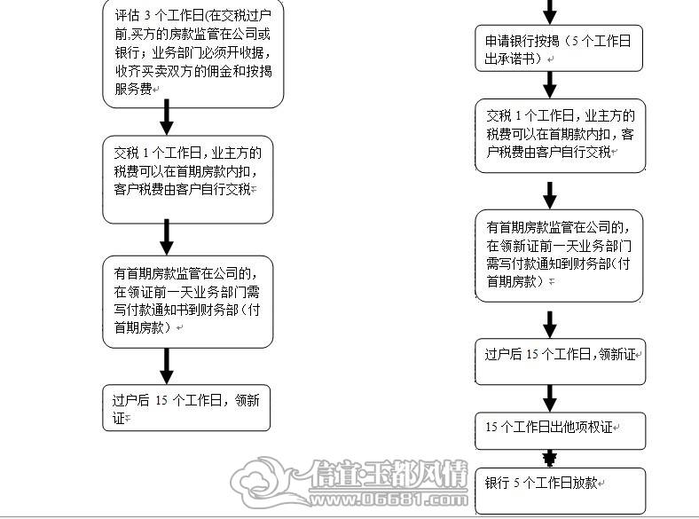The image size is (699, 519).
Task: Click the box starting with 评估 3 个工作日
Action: click(x=193, y=53)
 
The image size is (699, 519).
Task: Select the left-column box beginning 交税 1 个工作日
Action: click(x=188, y=180)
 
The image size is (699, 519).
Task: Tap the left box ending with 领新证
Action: click(x=186, y=408)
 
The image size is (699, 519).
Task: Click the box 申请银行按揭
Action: click(x=559, y=49)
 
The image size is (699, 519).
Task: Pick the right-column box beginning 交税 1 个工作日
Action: click(x=561, y=136)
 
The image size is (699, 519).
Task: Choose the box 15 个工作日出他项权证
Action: click(x=561, y=430)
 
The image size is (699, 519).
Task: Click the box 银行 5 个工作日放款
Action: click(x=561, y=491)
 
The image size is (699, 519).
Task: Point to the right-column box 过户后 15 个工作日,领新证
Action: click(x=561, y=362)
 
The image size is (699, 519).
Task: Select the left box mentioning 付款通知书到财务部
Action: click(x=188, y=302)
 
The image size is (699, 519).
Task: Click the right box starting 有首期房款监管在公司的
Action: click(x=559, y=256)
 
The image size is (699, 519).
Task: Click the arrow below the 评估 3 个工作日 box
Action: click(x=167, y=117)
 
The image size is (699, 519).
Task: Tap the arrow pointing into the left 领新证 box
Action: click(x=167, y=366)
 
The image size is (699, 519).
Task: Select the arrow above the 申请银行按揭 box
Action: click(x=550, y=12)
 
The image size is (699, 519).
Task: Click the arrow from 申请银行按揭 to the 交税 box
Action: click(x=550, y=85)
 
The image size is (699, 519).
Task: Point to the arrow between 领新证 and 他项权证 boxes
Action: click(x=550, y=398)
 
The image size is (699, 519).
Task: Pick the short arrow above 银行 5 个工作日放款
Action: click(x=550, y=459)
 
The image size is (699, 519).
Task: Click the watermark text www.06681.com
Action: click(x=389, y=499)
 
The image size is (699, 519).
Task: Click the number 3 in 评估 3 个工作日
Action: click(x=147, y=16)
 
